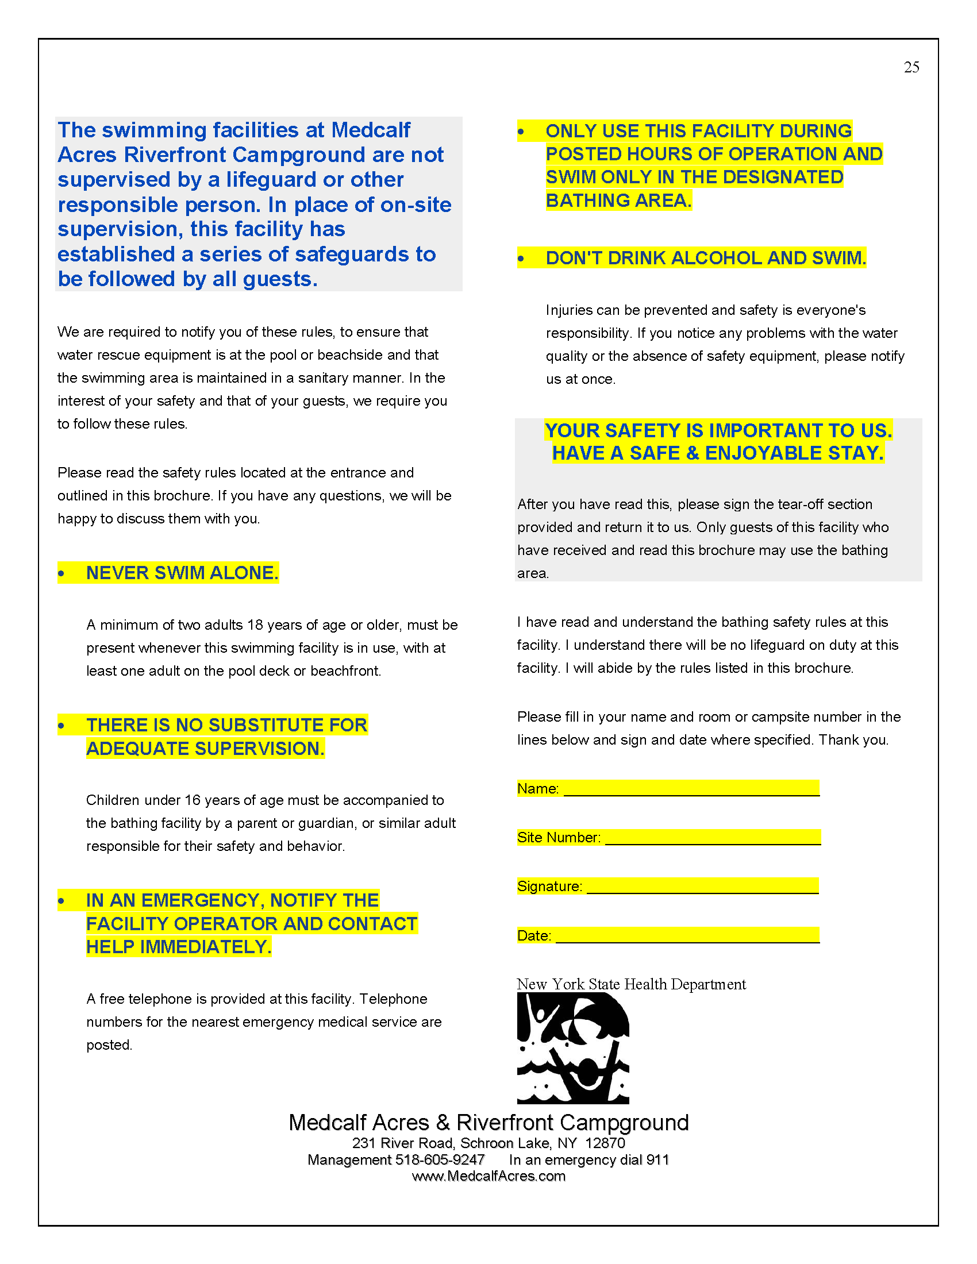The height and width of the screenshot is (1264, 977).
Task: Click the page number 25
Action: (911, 67)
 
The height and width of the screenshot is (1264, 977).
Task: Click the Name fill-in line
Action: (691, 788)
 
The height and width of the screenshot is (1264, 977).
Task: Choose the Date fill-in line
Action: (687, 935)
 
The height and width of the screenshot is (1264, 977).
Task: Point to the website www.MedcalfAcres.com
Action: (488, 1176)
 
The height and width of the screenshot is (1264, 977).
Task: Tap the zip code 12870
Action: (605, 1143)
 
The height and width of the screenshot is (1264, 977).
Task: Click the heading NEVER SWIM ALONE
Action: (182, 572)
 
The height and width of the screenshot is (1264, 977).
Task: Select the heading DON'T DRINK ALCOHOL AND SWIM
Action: (706, 257)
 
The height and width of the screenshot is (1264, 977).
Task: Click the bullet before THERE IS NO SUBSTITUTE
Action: (61, 726)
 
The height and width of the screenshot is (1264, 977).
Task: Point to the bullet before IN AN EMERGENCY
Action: (61, 901)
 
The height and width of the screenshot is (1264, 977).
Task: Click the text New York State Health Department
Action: (631, 984)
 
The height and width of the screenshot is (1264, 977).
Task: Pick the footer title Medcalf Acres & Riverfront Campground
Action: (488, 1122)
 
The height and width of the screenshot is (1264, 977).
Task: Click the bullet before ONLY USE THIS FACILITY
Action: (521, 132)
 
